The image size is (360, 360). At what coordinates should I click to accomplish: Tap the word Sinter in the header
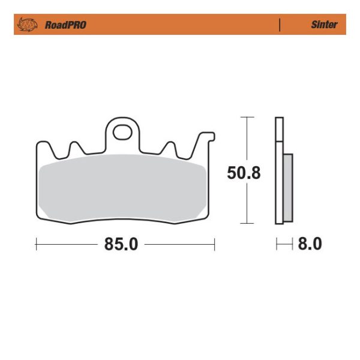pos(324,25)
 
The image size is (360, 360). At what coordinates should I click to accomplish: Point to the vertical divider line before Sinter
pos(280,25)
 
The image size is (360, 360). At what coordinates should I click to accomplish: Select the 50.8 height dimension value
pos(244,173)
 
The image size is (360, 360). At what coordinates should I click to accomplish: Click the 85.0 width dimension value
pos(122,244)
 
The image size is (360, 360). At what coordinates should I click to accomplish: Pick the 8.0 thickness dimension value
pos(310,244)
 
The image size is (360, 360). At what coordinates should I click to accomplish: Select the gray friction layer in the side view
pos(288,187)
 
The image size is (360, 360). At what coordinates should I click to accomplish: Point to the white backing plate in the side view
pos(278,180)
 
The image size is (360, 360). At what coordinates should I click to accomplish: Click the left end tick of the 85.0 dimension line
pos(37,244)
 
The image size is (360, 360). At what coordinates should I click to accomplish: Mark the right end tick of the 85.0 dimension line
pos(214,244)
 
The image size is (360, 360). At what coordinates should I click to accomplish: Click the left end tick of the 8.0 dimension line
pos(277,244)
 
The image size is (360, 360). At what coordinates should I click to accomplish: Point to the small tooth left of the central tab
pos(76,147)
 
